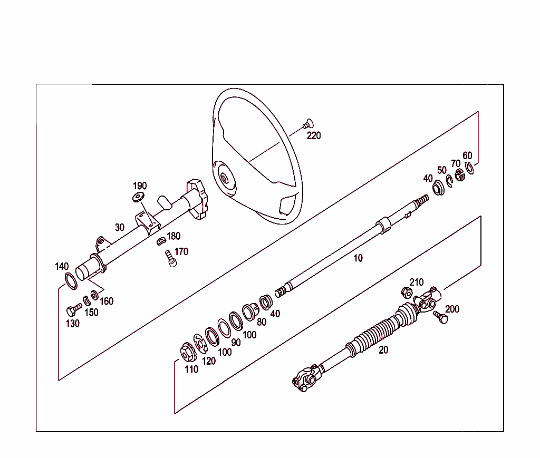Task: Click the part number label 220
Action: (x=314, y=135)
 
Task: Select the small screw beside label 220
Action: (x=307, y=124)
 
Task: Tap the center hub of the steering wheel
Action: (x=225, y=178)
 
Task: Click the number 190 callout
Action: (x=140, y=186)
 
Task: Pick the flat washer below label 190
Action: (x=138, y=197)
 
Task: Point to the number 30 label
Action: (x=120, y=227)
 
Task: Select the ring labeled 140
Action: (x=71, y=281)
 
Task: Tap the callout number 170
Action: (x=181, y=251)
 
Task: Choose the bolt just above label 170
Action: (x=170, y=258)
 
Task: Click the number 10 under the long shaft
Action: (x=358, y=258)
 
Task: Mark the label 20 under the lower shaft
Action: (x=383, y=350)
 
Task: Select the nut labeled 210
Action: (x=406, y=291)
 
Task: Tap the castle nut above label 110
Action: (x=186, y=352)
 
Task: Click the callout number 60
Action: (x=467, y=155)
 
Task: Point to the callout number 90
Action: (x=236, y=342)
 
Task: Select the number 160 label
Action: (x=107, y=301)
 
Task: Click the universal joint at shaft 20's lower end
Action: (x=306, y=377)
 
